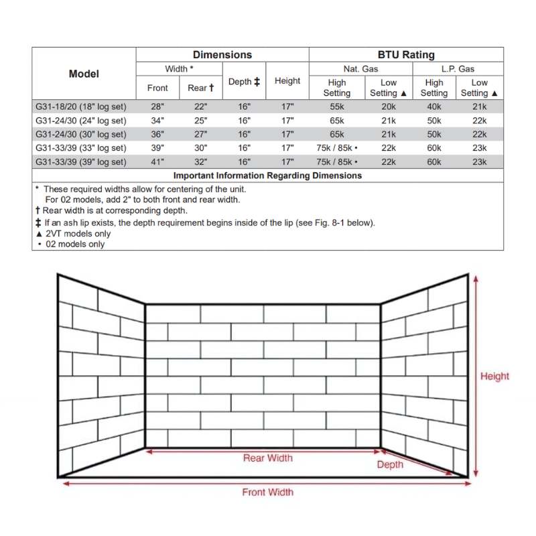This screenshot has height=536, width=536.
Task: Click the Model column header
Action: tap(84, 74)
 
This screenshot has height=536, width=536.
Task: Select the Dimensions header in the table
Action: tap(222, 55)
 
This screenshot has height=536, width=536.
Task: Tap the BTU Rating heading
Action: tap(406, 55)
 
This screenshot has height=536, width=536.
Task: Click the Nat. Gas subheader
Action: tap(361, 69)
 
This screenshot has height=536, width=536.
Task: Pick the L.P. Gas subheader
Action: tap(458, 69)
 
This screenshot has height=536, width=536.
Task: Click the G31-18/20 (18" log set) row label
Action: tap(80, 107)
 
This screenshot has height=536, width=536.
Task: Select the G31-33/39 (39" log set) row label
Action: tap(80, 162)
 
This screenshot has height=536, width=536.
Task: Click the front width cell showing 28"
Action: tap(157, 107)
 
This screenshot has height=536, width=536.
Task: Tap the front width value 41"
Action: tap(157, 162)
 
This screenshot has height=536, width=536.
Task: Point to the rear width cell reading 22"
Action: tap(200, 107)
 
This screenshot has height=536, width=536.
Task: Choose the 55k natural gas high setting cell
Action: tap(337, 107)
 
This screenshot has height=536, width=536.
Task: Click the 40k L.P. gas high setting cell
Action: tap(434, 107)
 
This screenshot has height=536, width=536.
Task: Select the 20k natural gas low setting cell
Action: tap(388, 107)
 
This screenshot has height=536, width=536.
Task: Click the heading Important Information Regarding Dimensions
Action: tap(267, 176)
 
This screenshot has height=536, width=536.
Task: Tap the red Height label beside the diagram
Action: tap(494, 377)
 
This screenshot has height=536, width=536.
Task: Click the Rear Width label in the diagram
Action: tap(267, 458)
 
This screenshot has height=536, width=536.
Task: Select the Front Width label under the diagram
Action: tap(267, 492)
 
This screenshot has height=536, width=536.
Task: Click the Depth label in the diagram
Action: tap(390, 464)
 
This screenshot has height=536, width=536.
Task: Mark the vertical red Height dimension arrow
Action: tap(476, 375)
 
